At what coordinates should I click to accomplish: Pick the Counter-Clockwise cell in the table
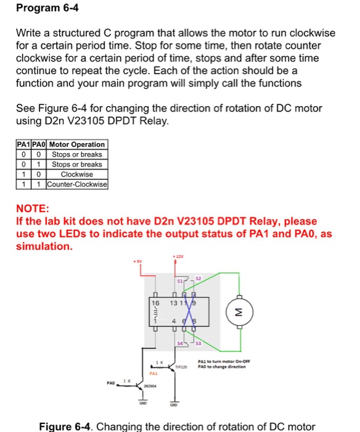pos(77,185)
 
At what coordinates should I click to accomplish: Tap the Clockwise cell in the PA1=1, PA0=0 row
pos(77,175)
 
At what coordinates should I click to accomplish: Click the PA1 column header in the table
pos(23,144)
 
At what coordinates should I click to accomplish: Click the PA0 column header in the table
pos(39,144)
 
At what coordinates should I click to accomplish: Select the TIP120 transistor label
pos(180,367)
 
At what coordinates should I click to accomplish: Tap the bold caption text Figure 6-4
pos(65,426)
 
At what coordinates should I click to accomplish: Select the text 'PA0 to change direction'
pos(223,367)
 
